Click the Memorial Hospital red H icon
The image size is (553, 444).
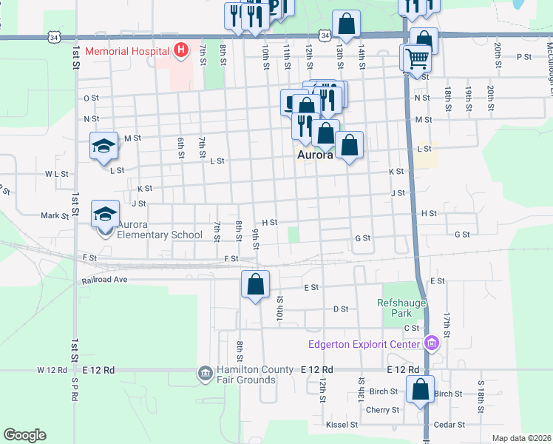(180, 51)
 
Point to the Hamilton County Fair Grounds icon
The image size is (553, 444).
(205, 374)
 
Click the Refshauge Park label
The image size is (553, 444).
(399, 308)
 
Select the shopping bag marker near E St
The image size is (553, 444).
(255, 283)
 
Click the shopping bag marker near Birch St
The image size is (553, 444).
(420, 389)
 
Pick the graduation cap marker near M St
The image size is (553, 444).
(104, 145)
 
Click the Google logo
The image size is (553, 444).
(24, 435)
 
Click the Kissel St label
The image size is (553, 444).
(342, 425)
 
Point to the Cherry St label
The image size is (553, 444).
(382, 410)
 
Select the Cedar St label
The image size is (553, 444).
(449, 425)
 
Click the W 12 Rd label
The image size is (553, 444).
(52, 369)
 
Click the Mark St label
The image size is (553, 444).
(55, 216)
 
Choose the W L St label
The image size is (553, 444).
(56, 174)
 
